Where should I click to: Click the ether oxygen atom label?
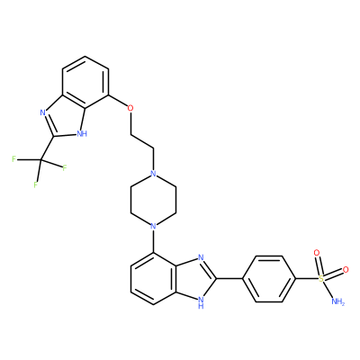pyautogui.click(x=130, y=108)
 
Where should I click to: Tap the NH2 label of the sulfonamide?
pyautogui.click(x=338, y=301)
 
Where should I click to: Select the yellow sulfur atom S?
pyautogui.click(x=321, y=279)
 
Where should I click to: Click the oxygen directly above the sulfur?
pyautogui.click(x=316, y=253)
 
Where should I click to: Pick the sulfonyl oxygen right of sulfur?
pyautogui.click(x=346, y=269)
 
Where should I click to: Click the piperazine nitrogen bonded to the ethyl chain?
pyautogui.click(x=153, y=174)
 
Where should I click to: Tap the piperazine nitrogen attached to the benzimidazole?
pyautogui.click(x=153, y=226)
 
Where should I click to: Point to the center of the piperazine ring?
pyautogui.click(x=153, y=200)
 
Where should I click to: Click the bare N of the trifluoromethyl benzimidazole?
pyautogui.click(x=42, y=112)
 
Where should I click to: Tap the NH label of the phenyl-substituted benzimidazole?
pyautogui.click(x=201, y=302)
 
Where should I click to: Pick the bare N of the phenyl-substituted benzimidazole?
pyautogui.click(x=201, y=257)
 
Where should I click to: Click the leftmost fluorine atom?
pyautogui.click(x=13, y=159)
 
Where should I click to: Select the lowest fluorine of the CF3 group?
pyautogui.click(x=36, y=184)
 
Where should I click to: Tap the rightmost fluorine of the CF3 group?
pyautogui.click(x=65, y=168)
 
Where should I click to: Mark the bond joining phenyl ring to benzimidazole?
pyautogui.click(x=229, y=279)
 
